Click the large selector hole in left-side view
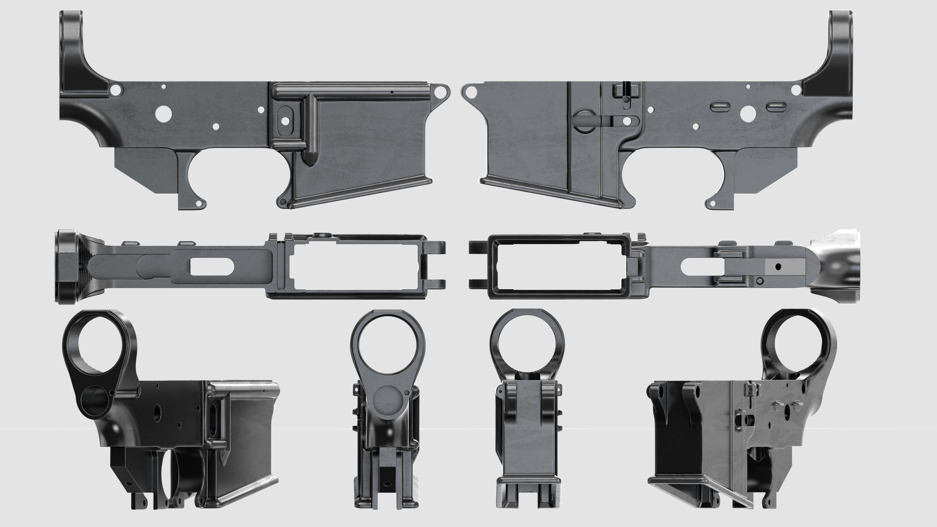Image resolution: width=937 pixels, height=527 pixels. [163, 113]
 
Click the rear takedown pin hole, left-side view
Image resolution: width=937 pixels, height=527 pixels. [116, 89]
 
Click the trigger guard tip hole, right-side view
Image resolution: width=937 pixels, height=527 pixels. [713, 204]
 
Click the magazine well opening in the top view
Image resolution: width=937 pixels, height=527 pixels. [355, 267]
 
